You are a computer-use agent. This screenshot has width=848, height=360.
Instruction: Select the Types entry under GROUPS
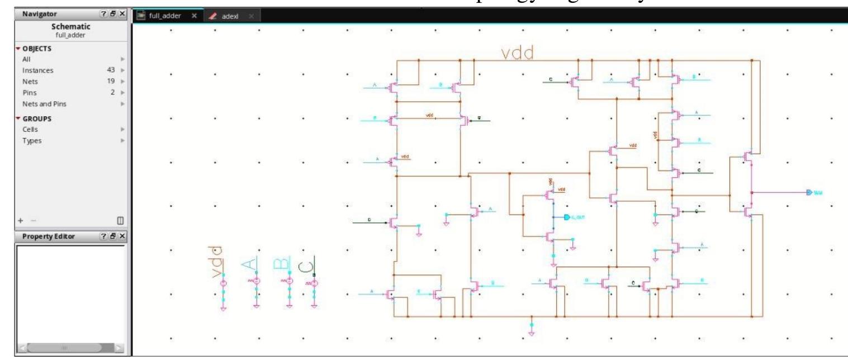pos(27,140)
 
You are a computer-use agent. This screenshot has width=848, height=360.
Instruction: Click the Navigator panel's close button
pos(122,12)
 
